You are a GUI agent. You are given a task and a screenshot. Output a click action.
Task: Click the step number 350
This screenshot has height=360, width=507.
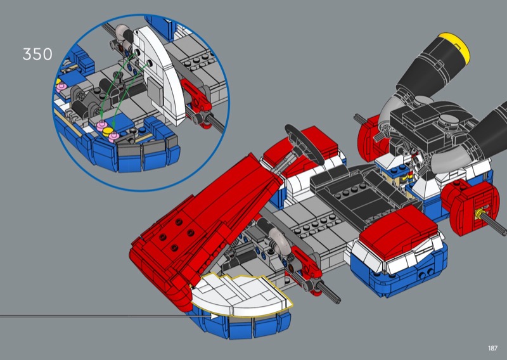click(x=37, y=54)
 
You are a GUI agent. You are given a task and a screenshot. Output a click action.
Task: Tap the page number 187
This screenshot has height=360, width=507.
click(x=492, y=348)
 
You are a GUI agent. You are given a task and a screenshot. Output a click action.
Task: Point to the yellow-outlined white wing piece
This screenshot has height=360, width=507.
click(x=241, y=294)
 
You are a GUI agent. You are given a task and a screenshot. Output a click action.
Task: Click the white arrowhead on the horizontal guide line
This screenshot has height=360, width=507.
click(x=215, y=316)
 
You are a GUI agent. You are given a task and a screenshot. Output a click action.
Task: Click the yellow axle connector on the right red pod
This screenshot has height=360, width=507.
click(x=479, y=214)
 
